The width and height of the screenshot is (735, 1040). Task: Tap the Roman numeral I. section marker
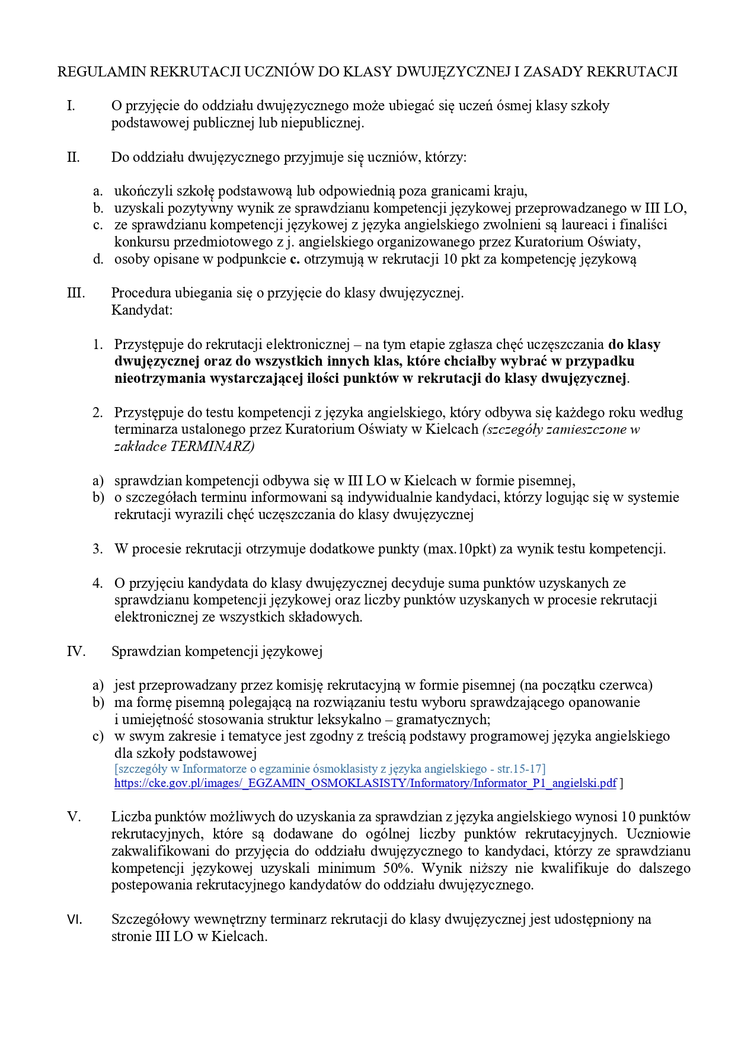[71, 106]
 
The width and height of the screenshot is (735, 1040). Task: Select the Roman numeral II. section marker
[73, 158]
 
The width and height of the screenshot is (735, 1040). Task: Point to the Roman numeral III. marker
[76, 293]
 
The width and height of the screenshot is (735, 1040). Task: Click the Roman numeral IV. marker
[76, 651]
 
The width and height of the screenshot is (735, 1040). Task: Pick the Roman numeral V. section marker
[73, 817]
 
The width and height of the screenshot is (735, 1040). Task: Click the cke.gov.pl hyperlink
[365, 783]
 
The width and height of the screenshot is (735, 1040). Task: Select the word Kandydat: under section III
[142, 310]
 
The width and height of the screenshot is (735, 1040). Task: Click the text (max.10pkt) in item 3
[459, 549]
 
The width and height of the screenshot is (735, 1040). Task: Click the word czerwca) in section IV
[629, 685]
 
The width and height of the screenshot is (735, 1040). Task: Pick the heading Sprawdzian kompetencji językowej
[216, 651]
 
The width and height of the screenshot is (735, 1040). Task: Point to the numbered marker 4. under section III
[98, 583]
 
